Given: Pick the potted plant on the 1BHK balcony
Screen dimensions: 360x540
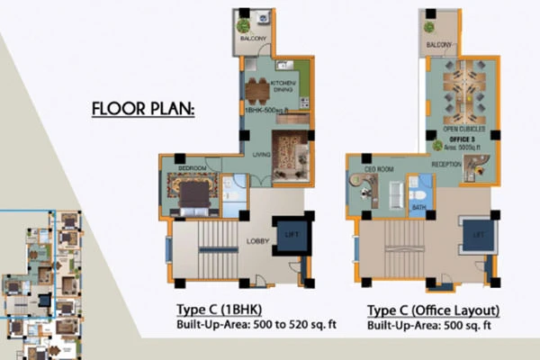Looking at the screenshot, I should [244, 27].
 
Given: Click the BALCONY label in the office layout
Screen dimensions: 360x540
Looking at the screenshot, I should [438, 45].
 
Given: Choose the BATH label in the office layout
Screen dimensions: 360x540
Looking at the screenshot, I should [418, 209].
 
